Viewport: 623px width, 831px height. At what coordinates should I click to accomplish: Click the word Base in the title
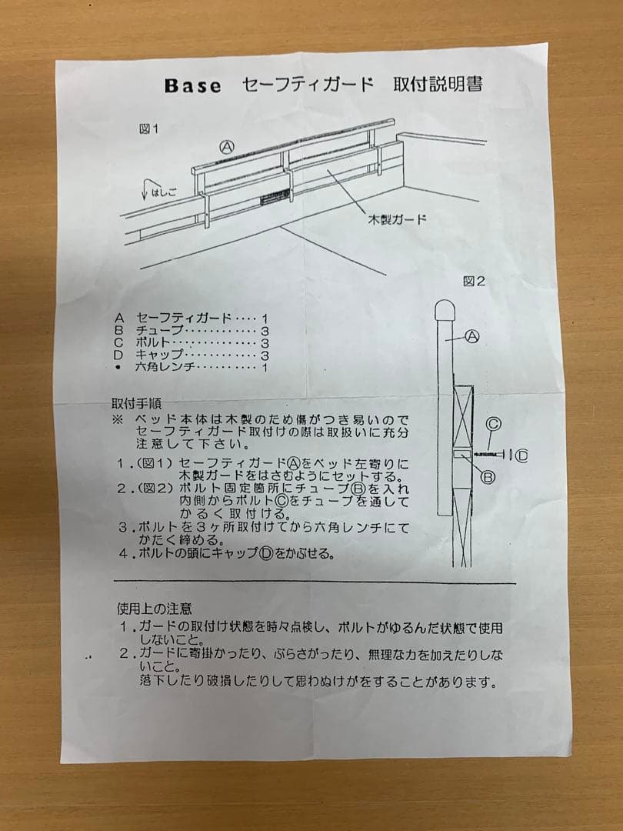tap(192, 85)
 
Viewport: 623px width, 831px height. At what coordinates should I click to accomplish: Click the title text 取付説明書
tap(438, 84)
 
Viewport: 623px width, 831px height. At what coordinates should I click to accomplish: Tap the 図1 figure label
tap(148, 129)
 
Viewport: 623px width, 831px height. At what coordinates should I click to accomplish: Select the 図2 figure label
tap(475, 282)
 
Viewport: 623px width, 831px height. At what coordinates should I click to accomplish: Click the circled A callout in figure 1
tap(228, 146)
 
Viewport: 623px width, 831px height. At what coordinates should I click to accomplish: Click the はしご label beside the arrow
tap(163, 192)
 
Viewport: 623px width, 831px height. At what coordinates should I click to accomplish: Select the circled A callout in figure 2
tap(472, 336)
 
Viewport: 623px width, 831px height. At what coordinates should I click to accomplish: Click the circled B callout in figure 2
tap(488, 477)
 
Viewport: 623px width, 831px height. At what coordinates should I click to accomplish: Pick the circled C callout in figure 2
tap(494, 422)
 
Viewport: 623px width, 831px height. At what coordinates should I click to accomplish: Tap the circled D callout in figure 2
tap(523, 456)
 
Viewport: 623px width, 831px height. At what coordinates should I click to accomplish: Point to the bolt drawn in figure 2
tap(492, 456)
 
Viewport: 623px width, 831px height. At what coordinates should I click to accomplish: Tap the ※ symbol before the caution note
tap(117, 420)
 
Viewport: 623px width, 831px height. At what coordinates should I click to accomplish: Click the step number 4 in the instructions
tap(123, 553)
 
